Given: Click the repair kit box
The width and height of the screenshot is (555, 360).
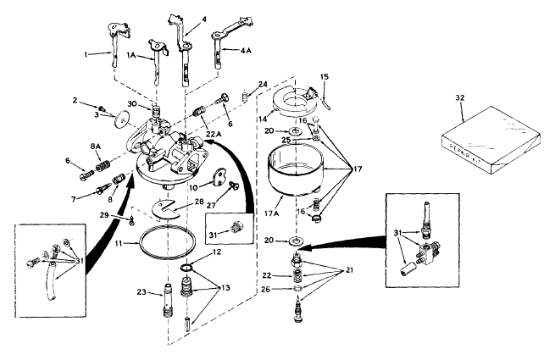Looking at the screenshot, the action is point(491,141).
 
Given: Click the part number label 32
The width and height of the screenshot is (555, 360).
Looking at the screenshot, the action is point(460,97).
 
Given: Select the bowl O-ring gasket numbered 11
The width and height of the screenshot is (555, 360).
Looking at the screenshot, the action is point(167,243).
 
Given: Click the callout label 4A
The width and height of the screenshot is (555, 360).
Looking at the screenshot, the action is point(246,51).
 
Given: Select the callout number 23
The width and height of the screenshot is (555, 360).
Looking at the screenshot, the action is point(142,292).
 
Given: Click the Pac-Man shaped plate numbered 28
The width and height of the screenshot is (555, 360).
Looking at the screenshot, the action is point(166,209).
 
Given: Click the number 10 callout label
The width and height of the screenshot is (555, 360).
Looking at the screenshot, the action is point(193,187).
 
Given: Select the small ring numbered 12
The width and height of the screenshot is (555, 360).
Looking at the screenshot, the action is point(188,268).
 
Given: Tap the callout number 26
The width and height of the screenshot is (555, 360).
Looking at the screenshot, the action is point(265,289).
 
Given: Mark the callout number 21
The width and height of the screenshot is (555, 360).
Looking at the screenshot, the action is point(349,270).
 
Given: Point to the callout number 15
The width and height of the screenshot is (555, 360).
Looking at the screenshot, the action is point(325,77).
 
